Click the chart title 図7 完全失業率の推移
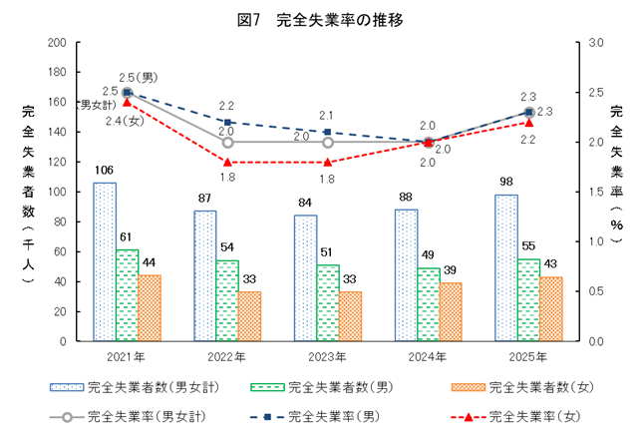320,18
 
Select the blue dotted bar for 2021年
105,261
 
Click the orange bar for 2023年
351,316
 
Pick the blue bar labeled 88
407,275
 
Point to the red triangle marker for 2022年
227,162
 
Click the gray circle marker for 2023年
328,142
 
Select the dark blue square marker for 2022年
227,122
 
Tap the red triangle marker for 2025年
529,123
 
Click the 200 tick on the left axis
57,43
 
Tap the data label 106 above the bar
104,171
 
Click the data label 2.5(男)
137,77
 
